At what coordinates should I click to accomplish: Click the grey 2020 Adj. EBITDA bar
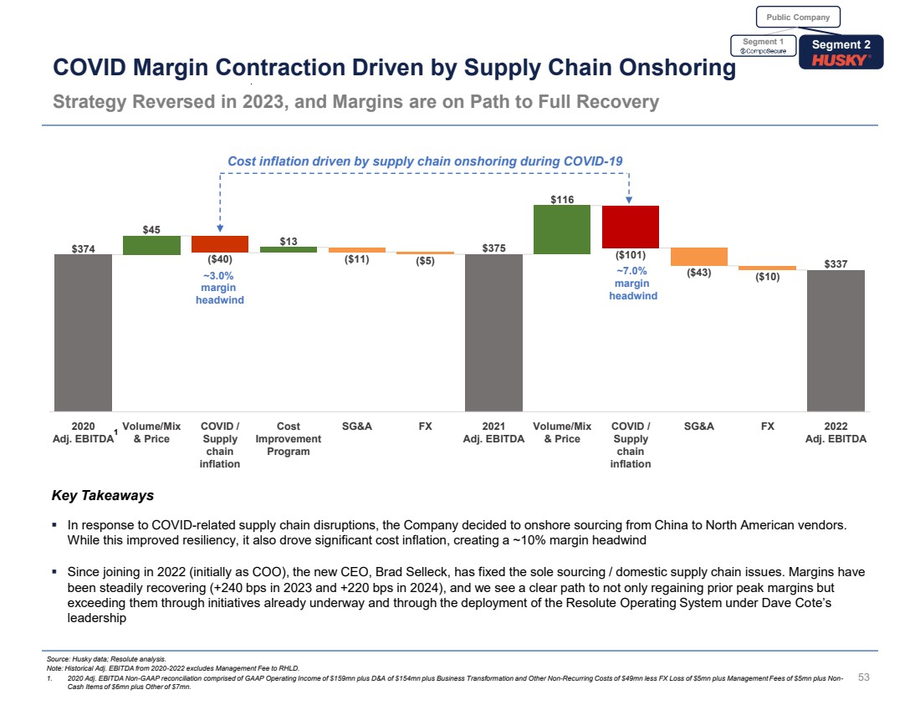tap(83, 332)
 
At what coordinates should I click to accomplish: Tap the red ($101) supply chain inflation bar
tap(630, 227)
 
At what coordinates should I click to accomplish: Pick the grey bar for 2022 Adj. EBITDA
tap(836, 340)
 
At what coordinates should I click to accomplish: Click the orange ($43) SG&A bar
tap(698, 256)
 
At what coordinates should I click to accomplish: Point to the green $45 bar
tap(151, 244)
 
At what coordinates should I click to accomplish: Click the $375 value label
tap(493, 247)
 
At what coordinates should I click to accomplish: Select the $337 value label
tap(836, 263)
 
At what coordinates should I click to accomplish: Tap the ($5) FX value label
tap(425, 260)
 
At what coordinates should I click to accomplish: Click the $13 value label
tap(289, 241)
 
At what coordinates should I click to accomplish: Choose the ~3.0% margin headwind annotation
tap(220, 288)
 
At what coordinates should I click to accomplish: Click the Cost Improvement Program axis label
tap(289, 438)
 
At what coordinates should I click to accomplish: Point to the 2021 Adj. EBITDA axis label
tap(493, 432)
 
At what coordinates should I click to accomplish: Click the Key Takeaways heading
tap(103, 495)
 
